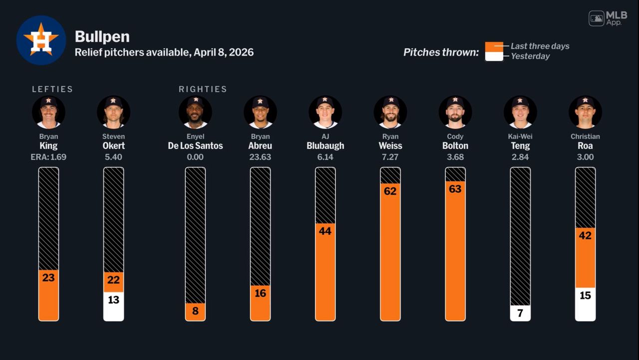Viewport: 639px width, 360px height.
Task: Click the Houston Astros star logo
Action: click(x=41, y=40)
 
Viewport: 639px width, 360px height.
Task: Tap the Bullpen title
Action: click(x=102, y=36)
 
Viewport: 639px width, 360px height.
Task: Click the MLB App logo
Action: click(x=608, y=18)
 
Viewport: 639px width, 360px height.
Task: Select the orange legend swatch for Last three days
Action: click(x=494, y=46)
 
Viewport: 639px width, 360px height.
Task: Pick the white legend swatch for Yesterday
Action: click(x=494, y=56)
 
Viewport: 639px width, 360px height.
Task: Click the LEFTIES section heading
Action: click(x=52, y=89)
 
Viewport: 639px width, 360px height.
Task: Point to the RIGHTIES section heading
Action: click(x=203, y=89)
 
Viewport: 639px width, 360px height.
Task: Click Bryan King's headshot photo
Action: click(x=48, y=112)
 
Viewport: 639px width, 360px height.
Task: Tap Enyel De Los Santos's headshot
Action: click(x=195, y=112)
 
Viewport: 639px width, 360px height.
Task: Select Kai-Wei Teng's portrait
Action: click(x=520, y=112)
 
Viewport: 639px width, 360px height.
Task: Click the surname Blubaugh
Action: click(x=325, y=146)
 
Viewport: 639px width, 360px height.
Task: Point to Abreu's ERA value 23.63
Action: click(x=260, y=157)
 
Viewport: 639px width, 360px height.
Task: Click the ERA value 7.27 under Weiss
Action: click(x=390, y=157)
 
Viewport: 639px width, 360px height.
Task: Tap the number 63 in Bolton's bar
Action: click(x=455, y=189)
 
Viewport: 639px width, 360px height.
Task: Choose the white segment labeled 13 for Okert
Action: click(x=113, y=306)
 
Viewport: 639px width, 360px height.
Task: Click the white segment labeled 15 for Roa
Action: click(x=585, y=304)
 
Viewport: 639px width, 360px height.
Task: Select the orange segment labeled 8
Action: click(x=195, y=312)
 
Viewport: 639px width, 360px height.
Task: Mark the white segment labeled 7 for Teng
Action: click(x=520, y=313)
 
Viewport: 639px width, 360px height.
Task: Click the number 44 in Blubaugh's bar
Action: click(x=325, y=231)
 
